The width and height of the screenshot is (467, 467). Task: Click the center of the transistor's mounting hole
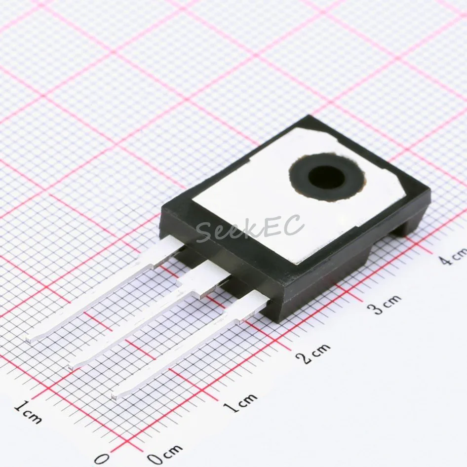point(326,177)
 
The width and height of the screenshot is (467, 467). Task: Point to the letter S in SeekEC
point(204,232)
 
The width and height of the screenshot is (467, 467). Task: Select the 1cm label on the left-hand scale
point(28,412)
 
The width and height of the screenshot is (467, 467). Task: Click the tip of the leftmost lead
point(30,339)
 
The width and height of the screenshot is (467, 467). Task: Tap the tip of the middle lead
point(73,366)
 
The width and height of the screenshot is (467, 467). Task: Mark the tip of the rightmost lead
point(115,394)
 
